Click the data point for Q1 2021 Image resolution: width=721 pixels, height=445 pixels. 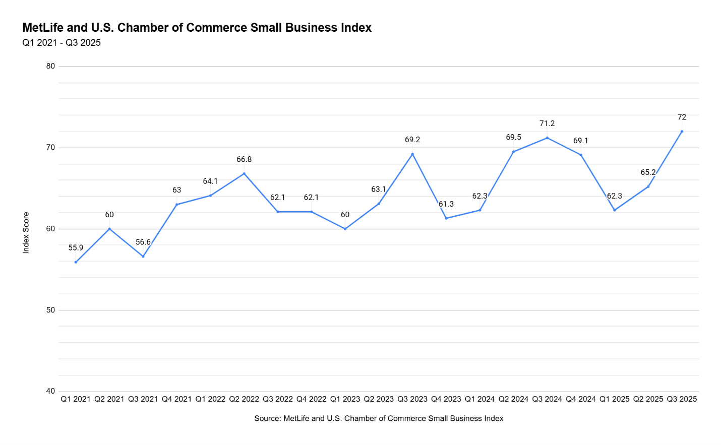[x=76, y=262]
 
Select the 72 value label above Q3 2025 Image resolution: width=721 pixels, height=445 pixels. [x=682, y=117]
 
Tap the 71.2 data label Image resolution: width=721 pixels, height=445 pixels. [x=547, y=123]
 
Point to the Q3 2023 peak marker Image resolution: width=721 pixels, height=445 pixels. [x=412, y=154]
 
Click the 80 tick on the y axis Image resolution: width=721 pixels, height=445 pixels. [x=50, y=66]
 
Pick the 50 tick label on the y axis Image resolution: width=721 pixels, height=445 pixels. [x=50, y=310]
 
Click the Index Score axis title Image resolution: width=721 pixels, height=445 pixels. [x=26, y=232]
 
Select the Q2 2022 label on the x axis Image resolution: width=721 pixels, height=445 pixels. [x=244, y=399]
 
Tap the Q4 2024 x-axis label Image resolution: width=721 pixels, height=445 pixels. [x=581, y=399]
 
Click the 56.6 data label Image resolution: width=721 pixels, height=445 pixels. [x=143, y=242]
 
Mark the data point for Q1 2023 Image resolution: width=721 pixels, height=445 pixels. [x=345, y=229]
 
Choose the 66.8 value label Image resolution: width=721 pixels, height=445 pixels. [x=244, y=160]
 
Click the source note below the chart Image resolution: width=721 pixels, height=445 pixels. [x=379, y=418]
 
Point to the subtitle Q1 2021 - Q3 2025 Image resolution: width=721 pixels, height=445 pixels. [x=62, y=43]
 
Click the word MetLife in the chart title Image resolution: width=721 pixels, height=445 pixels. [x=43, y=28]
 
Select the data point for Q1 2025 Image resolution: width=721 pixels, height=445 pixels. [x=615, y=210]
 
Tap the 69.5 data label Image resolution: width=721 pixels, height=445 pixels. [x=513, y=138]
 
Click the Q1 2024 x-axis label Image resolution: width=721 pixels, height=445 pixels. [x=479, y=399]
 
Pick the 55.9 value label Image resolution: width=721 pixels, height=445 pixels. [x=76, y=248]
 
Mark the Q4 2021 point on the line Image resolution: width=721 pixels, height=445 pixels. [x=176, y=205]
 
